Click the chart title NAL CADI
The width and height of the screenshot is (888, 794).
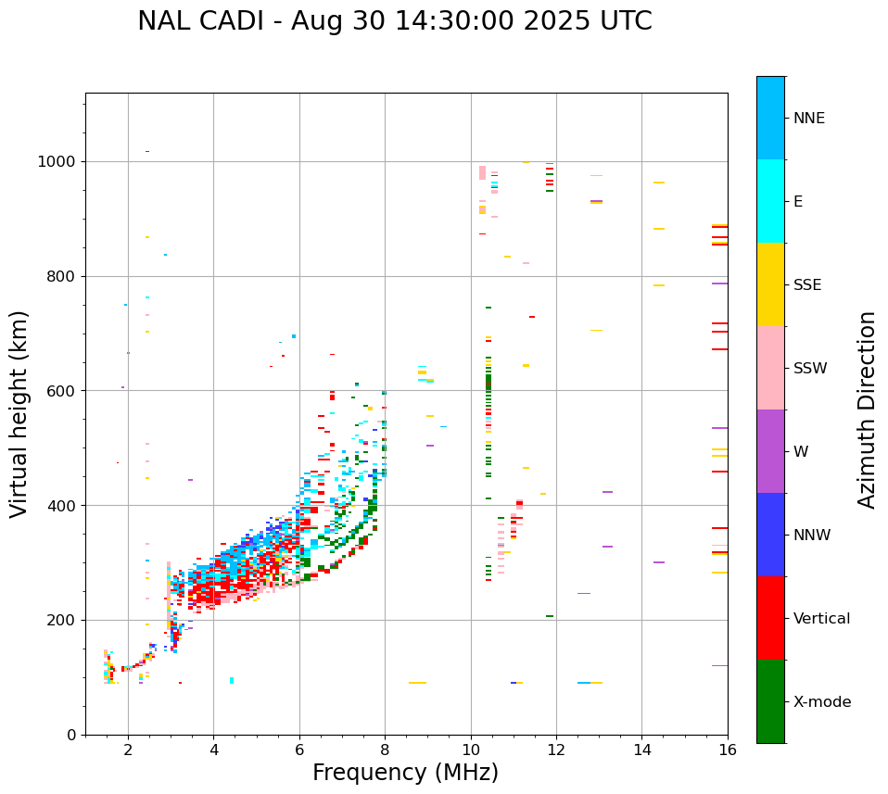pos(394,21)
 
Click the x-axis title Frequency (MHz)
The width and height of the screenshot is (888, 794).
pos(405,773)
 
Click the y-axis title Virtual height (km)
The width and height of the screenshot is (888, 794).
pos(19,413)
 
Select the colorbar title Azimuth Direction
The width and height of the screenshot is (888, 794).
pos(867,410)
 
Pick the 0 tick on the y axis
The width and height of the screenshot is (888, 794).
pos(70,735)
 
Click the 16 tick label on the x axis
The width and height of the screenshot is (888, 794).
pos(727,750)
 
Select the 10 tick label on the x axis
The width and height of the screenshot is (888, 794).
pos(470,750)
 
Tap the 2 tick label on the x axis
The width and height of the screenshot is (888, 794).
pos(128,750)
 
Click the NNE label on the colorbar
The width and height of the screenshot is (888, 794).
pos(808,119)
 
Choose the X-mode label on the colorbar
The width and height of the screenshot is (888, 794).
pos(822,702)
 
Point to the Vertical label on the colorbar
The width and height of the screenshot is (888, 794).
pos(821,619)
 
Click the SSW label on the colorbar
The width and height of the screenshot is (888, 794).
pos(810,369)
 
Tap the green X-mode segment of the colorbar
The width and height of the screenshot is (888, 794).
pos(770,701)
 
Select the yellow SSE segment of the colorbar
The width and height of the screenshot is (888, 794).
pos(770,284)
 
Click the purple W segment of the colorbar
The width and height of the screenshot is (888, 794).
pos(770,451)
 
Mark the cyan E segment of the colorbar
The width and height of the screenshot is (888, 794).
pos(770,201)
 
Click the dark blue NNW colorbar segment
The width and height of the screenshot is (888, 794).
pos(770,535)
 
